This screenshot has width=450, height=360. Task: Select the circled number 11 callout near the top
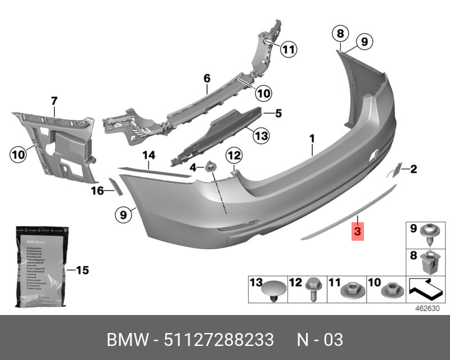click(x=288, y=50)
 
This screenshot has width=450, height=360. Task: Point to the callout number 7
click(x=55, y=101)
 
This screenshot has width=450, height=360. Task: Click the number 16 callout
click(x=98, y=191)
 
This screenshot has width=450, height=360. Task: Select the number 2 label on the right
click(x=413, y=168)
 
